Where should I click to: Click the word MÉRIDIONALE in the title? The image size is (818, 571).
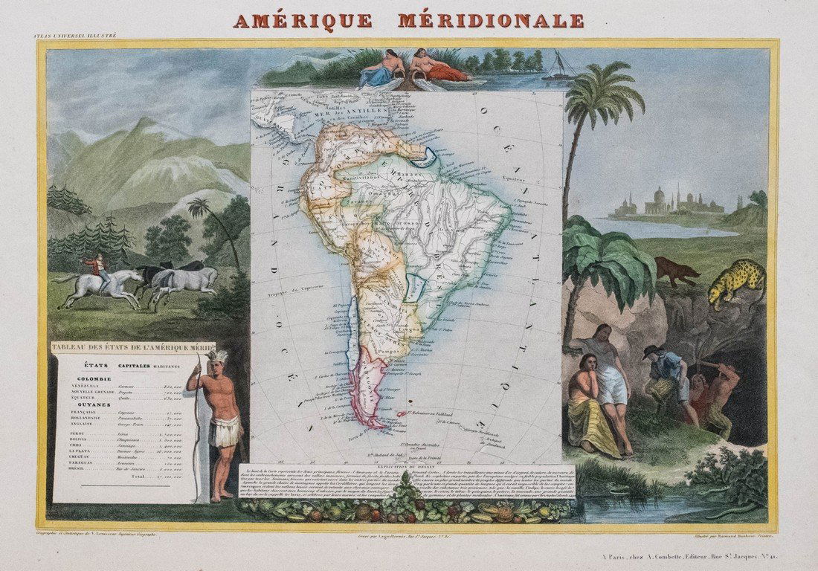coord(491,20)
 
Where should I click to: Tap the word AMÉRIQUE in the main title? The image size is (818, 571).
coord(303,20)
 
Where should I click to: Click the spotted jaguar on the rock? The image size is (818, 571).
coord(736,282)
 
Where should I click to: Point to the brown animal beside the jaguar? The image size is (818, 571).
coord(676,271)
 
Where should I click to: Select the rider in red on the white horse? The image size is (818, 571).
coord(96,267)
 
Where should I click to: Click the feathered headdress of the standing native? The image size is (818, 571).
coord(217,358)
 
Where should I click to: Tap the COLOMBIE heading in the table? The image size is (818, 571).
coord(94,378)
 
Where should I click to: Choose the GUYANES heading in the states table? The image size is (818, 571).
coord(86,404)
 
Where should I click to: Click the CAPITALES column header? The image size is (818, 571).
coord(131,366)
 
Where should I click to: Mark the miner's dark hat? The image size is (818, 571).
coord(651,350)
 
